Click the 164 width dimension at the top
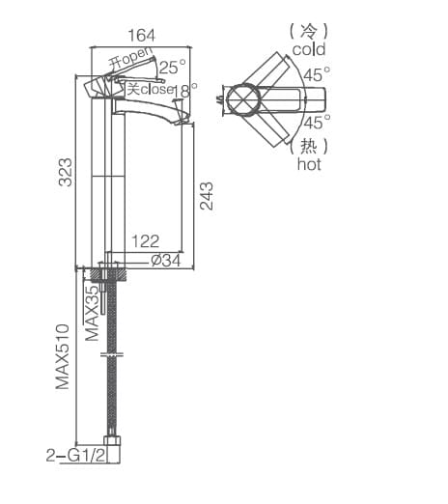click(141, 35)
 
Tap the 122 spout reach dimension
click(145, 241)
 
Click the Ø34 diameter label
click(167, 260)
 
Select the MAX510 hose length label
click(65, 356)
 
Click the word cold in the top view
click(309, 49)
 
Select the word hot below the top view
click(309, 164)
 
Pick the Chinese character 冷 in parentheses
click(309, 31)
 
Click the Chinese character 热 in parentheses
click(309, 146)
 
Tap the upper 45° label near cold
click(317, 73)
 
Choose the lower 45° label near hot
click(317, 123)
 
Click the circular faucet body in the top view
click(241, 98)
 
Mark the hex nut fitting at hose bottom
click(116, 450)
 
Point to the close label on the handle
click(157, 90)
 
